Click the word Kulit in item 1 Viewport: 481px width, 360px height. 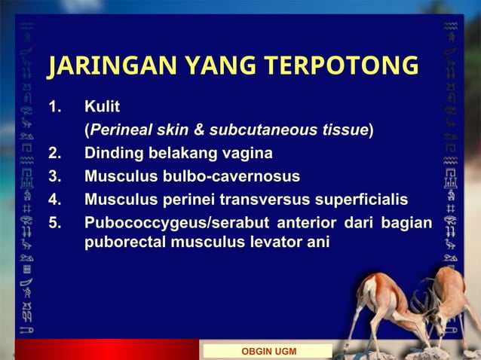[x=102, y=106]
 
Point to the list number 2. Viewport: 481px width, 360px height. [x=54, y=154]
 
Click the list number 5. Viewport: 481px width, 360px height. [x=54, y=223]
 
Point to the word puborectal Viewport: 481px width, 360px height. [x=125, y=243]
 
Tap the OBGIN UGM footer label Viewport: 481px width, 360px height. [x=268, y=352]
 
